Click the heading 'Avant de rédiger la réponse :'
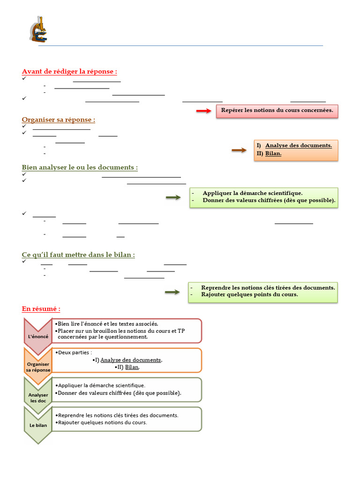[69, 72]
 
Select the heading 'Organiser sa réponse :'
[58, 120]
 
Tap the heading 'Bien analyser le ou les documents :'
[80, 167]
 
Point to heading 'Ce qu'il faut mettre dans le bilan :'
[78, 255]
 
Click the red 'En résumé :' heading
[41, 309]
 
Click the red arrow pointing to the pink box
[204, 111]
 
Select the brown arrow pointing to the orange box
[239, 150]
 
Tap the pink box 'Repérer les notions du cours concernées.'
[277, 110]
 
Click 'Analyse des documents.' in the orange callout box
[299, 145]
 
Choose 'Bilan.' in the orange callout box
[273, 153]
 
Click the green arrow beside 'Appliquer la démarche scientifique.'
[173, 197]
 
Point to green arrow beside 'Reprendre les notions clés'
[172, 292]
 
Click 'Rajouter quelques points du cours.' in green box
[249, 294]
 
